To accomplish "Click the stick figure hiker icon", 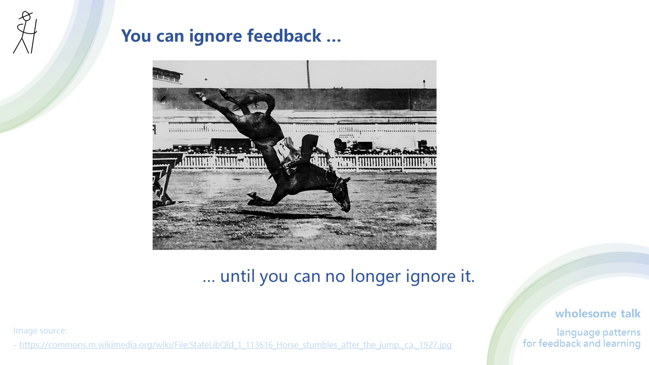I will click(25, 33).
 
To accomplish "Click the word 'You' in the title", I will click(137, 36).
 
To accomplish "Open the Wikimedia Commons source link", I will click(235, 345).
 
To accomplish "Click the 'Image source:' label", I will click(40, 331).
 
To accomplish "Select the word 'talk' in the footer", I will click(630, 314).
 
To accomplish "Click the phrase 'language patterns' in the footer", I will click(598, 333).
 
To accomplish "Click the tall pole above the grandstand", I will click(308, 74).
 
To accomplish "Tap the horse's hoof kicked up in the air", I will click(200, 95).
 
